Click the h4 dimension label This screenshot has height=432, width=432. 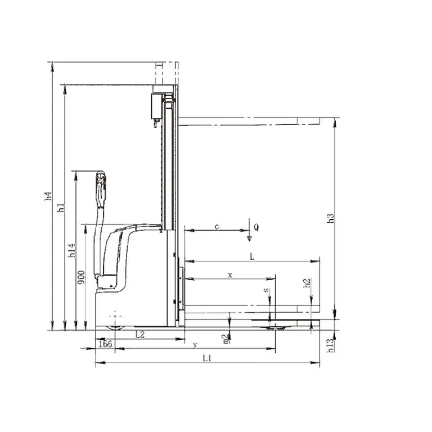pyautogui.click(x=49, y=197)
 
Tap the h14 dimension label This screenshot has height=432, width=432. pyautogui.click(x=71, y=250)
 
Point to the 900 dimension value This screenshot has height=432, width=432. pyautogui.click(x=82, y=277)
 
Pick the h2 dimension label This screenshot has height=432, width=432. pyautogui.click(x=307, y=283)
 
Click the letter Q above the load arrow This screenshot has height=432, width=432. pyautogui.click(x=256, y=227)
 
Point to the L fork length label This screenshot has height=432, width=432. pyautogui.click(x=253, y=256)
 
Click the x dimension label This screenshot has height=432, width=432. pyautogui.click(x=229, y=274)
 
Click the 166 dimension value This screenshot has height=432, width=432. pyautogui.click(x=105, y=343)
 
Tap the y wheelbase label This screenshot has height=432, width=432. pyautogui.click(x=195, y=344)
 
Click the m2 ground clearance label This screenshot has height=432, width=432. pyautogui.click(x=226, y=337)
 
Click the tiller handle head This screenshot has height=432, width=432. pyautogui.click(x=101, y=179)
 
